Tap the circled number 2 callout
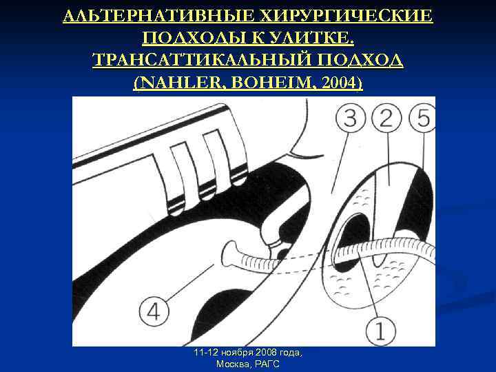click(388, 118)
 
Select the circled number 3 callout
click(351, 118)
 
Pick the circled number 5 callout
click(423, 118)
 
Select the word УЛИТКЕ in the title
click(314, 38)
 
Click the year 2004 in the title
click(338, 83)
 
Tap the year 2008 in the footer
click(255, 353)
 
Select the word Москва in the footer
click(233, 364)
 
